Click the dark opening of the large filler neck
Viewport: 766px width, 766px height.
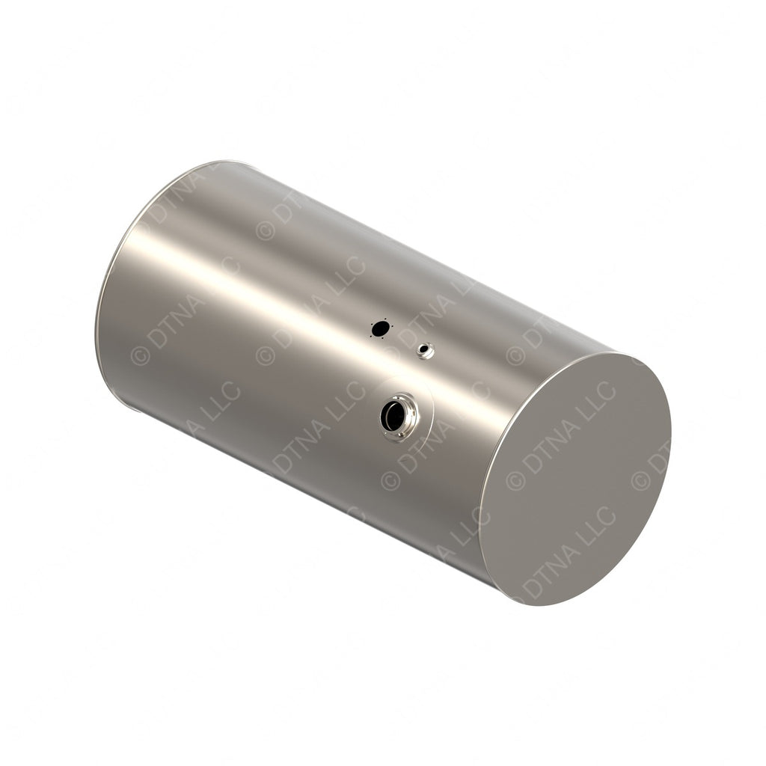pos(392,416)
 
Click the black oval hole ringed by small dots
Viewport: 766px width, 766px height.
pos(381,328)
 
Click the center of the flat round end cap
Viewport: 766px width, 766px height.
pos(574,479)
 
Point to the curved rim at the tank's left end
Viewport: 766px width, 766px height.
pos(105,299)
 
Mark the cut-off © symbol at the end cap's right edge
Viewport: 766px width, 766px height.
pos(640,479)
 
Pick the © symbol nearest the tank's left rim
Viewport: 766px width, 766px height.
pos(139,355)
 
